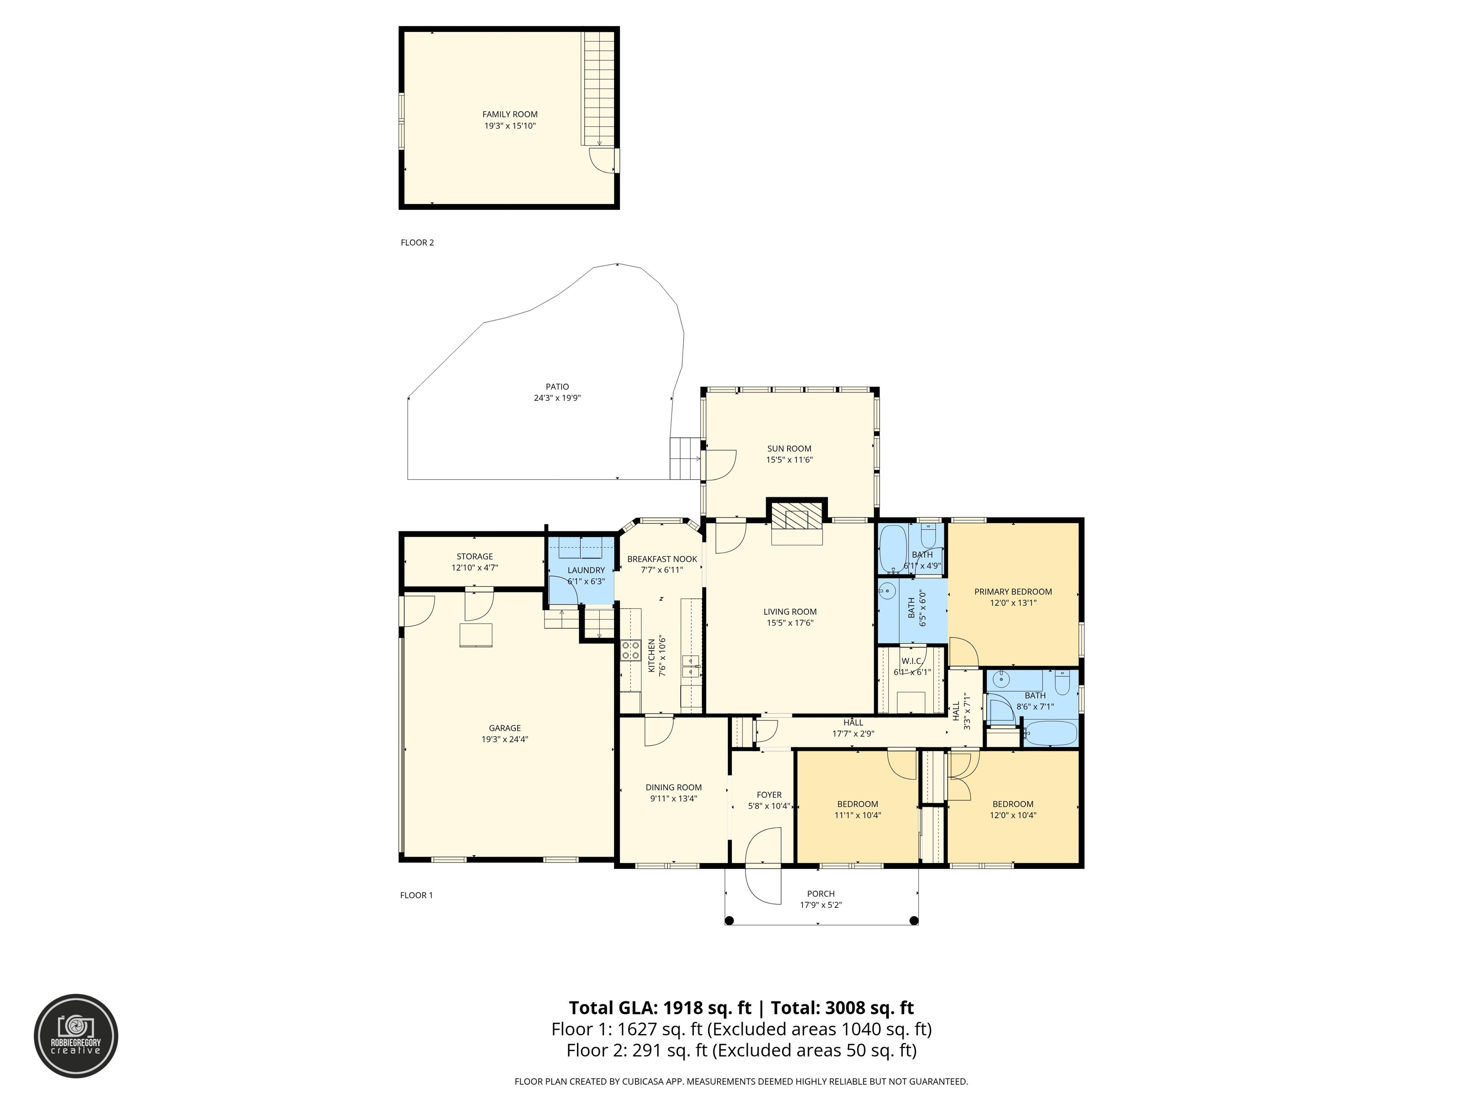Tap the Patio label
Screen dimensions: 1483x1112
[x=557, y=387]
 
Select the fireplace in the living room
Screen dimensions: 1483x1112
[x=797, y=521]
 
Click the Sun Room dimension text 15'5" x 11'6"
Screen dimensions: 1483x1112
[x=789, y=460]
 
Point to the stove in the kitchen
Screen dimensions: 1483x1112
[x=630, y=650]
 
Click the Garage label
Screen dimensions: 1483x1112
[x=505, y=728]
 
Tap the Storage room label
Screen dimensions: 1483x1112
[x=475, y=556]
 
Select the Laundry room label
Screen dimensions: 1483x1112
[x=586, y=570]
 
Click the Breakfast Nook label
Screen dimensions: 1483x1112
[x=662, y=559]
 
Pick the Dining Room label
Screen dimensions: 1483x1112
[x=674, y=788]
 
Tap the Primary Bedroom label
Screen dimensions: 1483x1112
[x=1013, y=592]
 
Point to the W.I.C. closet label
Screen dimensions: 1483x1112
[x=912, y=661]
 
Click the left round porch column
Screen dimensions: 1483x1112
[x=730, y=920]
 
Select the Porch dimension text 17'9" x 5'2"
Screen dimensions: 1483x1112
[x=821, y=905]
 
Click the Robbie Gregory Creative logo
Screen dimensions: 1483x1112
[x=76, y=1036]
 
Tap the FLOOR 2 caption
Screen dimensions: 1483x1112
[x=417, y=243]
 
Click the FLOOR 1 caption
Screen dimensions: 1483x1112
[x=416, y=895]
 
